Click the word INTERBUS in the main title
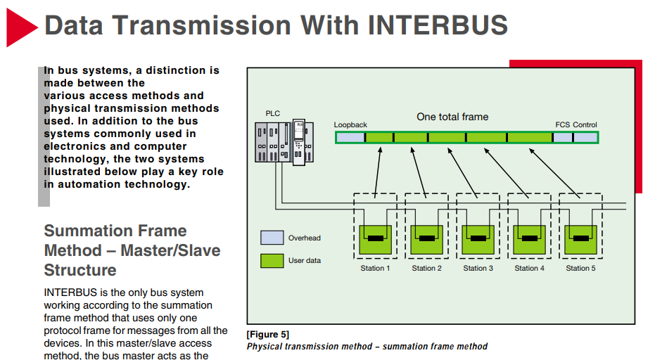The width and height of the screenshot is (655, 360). pos(437,25)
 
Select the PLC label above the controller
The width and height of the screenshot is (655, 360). pos(272,113)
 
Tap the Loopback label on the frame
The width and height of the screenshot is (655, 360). pos(350,125)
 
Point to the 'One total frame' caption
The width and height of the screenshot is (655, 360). pos(452,117)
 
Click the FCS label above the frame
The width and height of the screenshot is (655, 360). pos(562,125)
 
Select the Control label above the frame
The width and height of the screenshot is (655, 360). pos(585,125)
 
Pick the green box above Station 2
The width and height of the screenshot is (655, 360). pos(426,240)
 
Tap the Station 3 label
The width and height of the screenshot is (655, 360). pos(478,268)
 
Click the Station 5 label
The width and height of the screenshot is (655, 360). pos(580,268)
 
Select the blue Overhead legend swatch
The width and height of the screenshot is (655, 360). pos(272,238)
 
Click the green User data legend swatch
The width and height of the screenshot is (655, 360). pos(272,260)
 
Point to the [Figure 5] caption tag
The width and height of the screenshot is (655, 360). pos(267,334)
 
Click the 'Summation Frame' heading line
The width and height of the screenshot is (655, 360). pos(115,231)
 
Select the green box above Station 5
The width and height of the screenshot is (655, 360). pos(580,240)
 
